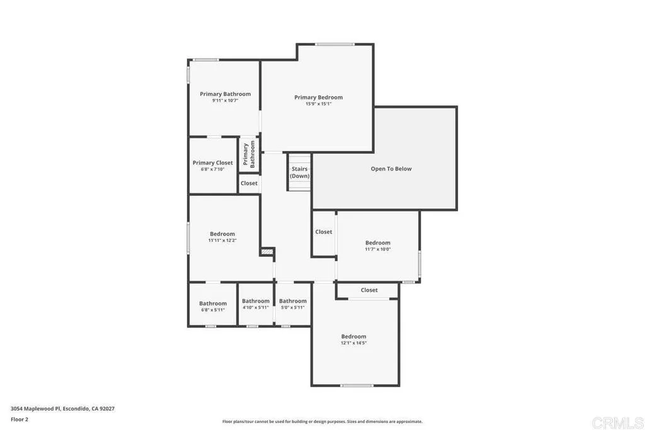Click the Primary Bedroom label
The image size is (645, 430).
(x=318, y=98)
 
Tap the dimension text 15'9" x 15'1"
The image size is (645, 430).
(x=318, y=104)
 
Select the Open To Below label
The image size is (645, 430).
(x=391, y=169)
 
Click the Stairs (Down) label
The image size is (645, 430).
(x=300, y=173)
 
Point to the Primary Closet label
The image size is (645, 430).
(x=212, y=163)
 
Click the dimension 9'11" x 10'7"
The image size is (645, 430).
(x=225, y=100)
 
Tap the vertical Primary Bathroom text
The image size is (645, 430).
(x=249, y=154)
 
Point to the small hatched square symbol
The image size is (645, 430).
(x=267, y=252)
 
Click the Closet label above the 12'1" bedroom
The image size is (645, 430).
(x=369, y=290)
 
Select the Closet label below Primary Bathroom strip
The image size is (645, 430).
(x=249, y=183)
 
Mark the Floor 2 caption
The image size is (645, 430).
(x=20, y=419)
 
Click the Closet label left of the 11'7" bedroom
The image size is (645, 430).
(x=324, y=232)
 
